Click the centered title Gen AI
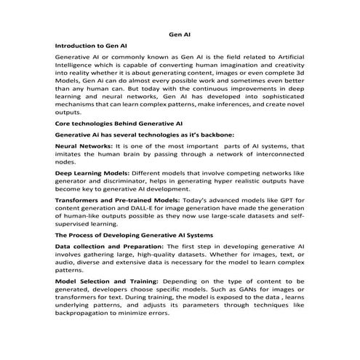click(x=180, y=33)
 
